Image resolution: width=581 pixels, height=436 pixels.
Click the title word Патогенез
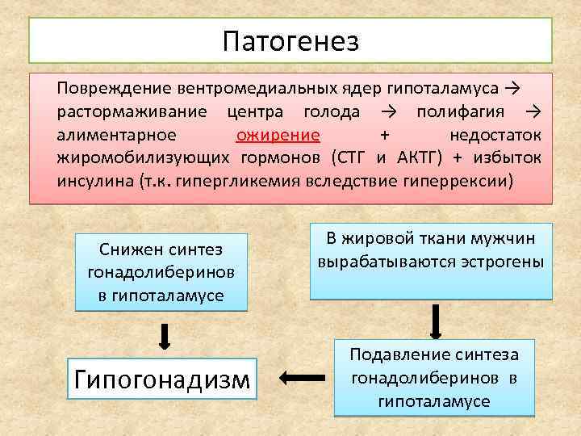coord(290,40)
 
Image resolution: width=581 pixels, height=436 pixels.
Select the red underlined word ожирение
coord(278,133)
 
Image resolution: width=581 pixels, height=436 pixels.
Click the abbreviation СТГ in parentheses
coord(349,156)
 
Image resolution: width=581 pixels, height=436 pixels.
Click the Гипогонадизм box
coord(162,378)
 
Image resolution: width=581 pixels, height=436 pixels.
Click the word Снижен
coord(129,249)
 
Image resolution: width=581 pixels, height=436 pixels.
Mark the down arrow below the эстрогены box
coord(436,320)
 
